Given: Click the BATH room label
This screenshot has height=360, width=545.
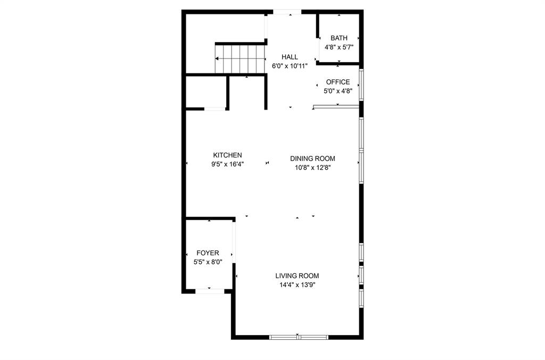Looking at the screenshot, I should (339, 38).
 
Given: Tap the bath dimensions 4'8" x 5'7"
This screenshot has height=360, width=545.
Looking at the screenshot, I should (339, 47).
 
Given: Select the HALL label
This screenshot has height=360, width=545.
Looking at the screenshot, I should (290, 57).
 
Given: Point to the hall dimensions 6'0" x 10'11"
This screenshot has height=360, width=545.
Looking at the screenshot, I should (290, 66).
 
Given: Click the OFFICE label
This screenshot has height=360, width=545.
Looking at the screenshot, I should (338, 82).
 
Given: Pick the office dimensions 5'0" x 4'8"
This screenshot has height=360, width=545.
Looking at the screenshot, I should (338, 91).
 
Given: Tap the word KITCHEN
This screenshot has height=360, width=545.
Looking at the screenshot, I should (227, 155).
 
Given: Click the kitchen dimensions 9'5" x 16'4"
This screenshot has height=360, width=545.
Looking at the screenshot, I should (227, 164).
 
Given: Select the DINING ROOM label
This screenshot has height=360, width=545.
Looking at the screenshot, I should (312, 158).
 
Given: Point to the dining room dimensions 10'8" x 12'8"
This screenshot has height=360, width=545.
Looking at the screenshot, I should (312, 168).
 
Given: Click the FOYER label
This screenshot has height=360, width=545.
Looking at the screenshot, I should (208, 253).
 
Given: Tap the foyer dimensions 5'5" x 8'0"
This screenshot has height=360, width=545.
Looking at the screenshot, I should (208, 262).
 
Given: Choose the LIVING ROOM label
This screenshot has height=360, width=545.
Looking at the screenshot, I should (297, 275).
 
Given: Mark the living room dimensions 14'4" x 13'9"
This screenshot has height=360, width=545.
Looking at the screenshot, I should (297, 284).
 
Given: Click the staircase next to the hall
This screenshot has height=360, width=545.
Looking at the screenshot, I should (240, 59).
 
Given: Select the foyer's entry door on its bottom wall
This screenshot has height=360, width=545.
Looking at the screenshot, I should (210, 291).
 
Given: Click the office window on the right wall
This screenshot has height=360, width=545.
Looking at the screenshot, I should (361, 85).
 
